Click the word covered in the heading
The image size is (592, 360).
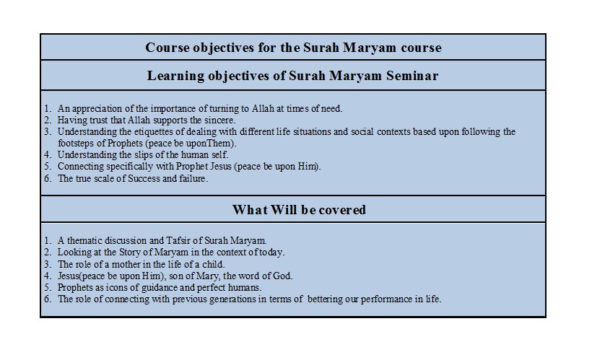[x=342, y=210]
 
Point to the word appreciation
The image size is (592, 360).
[x=97, y=109]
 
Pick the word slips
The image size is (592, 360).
[x=144, y=155]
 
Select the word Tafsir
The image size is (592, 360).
[x=177, y=241]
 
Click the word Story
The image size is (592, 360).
[x=129, y=252]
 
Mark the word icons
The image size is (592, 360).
[x=117, y=288]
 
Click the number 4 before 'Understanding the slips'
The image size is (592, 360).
[x=47, y=155]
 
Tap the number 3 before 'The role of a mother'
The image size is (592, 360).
[x=47, y=264]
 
